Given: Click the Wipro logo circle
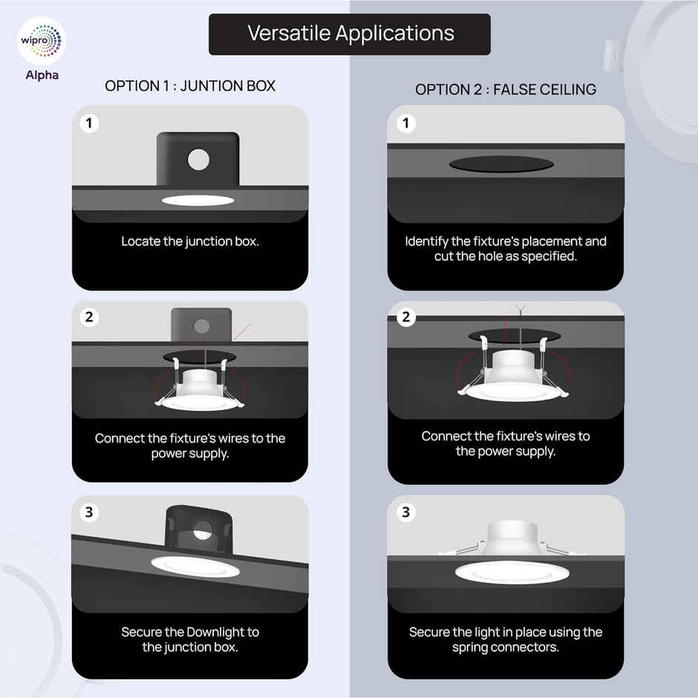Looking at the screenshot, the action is (x=42, y=41).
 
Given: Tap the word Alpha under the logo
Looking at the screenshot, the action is (x=42, y=75).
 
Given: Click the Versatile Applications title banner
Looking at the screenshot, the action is (x=350, y=34).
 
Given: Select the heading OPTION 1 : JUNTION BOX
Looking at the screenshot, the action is (x=190, y=86).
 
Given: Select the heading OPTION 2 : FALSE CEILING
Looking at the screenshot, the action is (x=506, y=89).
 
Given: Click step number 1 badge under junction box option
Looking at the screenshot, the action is (x=89, y=123).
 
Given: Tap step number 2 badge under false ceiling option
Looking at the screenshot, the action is (x=406, y=317).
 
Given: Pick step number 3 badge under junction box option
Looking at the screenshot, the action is (x=89, y=512).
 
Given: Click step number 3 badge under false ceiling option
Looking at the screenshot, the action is (x=406, y=512).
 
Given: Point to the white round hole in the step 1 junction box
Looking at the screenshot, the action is (x=198, y=160).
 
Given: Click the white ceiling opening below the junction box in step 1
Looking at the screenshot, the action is (x=198, y=200).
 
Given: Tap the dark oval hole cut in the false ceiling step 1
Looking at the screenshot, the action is (x=501, y=164).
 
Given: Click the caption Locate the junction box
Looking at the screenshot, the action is (x=190, y=241).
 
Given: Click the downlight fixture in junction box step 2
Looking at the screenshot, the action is (x=200, y=391).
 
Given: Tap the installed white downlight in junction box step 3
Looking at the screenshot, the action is (x=195, y=567).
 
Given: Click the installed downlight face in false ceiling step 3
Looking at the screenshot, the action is (x=512, y=573).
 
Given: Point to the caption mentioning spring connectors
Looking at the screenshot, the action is (x=506, y=639).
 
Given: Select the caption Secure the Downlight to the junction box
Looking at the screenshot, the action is (x=190, y=639).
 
